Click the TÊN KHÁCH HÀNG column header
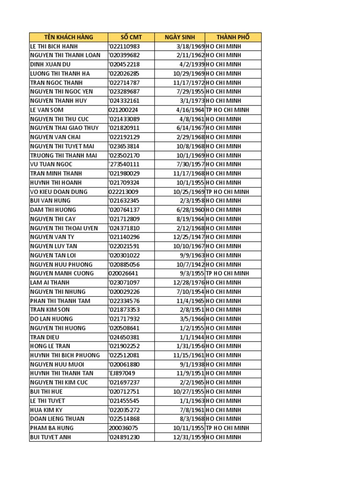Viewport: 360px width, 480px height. tap(68, 37)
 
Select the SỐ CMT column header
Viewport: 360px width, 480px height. tap(131, 37)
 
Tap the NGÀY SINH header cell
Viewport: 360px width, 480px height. tap(180, 37)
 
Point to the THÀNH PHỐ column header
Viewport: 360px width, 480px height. tap(233, 37)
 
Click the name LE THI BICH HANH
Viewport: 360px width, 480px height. tap(54, 46)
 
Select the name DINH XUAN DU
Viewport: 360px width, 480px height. tap(50, 64)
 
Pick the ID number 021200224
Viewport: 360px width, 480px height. tap(123, 110)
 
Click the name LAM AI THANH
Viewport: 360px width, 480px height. tap(50, 283)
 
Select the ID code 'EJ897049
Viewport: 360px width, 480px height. tap(122, 374)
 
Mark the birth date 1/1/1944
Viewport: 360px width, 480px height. tap(192, 337)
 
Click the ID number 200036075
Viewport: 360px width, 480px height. tap(123, 428)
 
